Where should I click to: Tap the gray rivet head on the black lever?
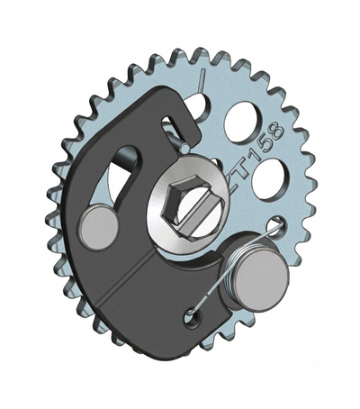tap(99, 226)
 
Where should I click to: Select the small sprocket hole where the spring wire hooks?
tap(276, 224)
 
